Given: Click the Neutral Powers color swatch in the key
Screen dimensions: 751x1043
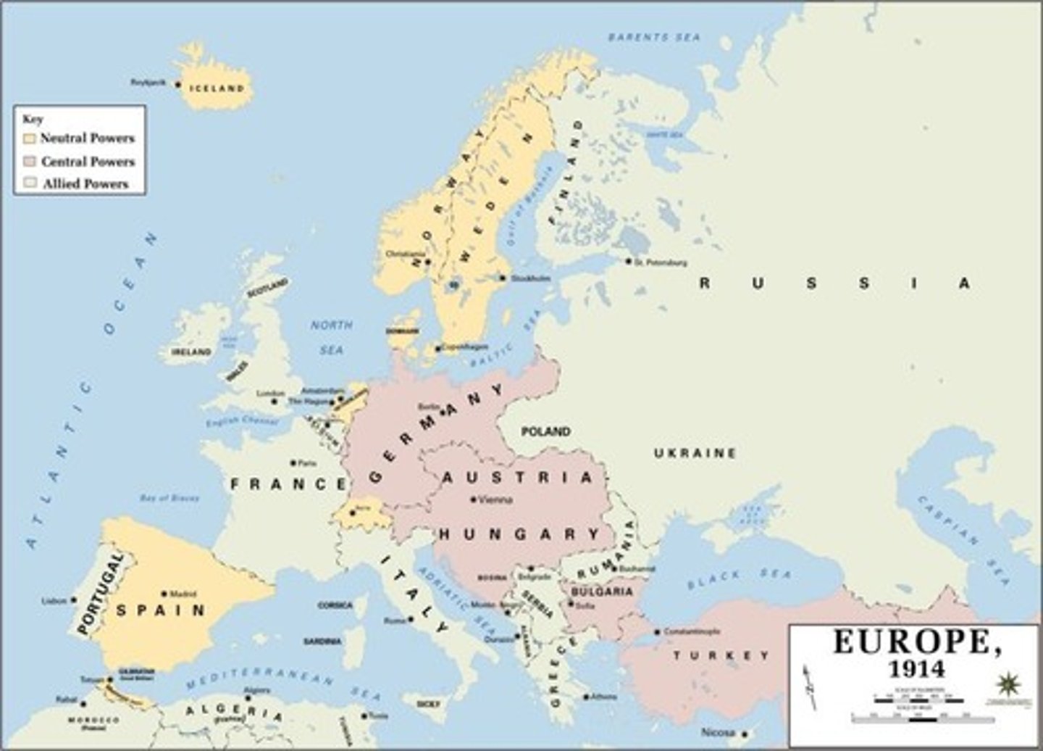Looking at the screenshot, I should click(30, 138).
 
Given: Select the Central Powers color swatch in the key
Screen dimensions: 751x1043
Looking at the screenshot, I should click(30, 161).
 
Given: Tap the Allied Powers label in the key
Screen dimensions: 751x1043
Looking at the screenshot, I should click(85, 184).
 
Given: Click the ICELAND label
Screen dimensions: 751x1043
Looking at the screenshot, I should click(217, 88).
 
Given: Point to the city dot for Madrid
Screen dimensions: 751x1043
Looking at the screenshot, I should click(164, 593).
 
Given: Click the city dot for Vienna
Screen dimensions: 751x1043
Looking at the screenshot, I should click(473, 499).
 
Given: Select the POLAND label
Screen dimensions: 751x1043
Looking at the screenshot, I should click(546, 431).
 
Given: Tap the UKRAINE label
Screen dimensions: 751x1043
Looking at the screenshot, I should click(695, 453).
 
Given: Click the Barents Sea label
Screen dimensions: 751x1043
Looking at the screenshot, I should click(654, 36).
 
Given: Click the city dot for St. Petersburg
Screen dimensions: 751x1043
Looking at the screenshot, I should click(628, 261).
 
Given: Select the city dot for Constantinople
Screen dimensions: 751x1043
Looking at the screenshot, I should click(657, 631).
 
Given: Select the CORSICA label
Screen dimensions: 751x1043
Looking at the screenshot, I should click(335, 605).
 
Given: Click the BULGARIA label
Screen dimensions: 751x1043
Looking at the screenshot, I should click(602, 592).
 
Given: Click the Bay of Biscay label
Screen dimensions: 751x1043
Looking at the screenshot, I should click(169, 498).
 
